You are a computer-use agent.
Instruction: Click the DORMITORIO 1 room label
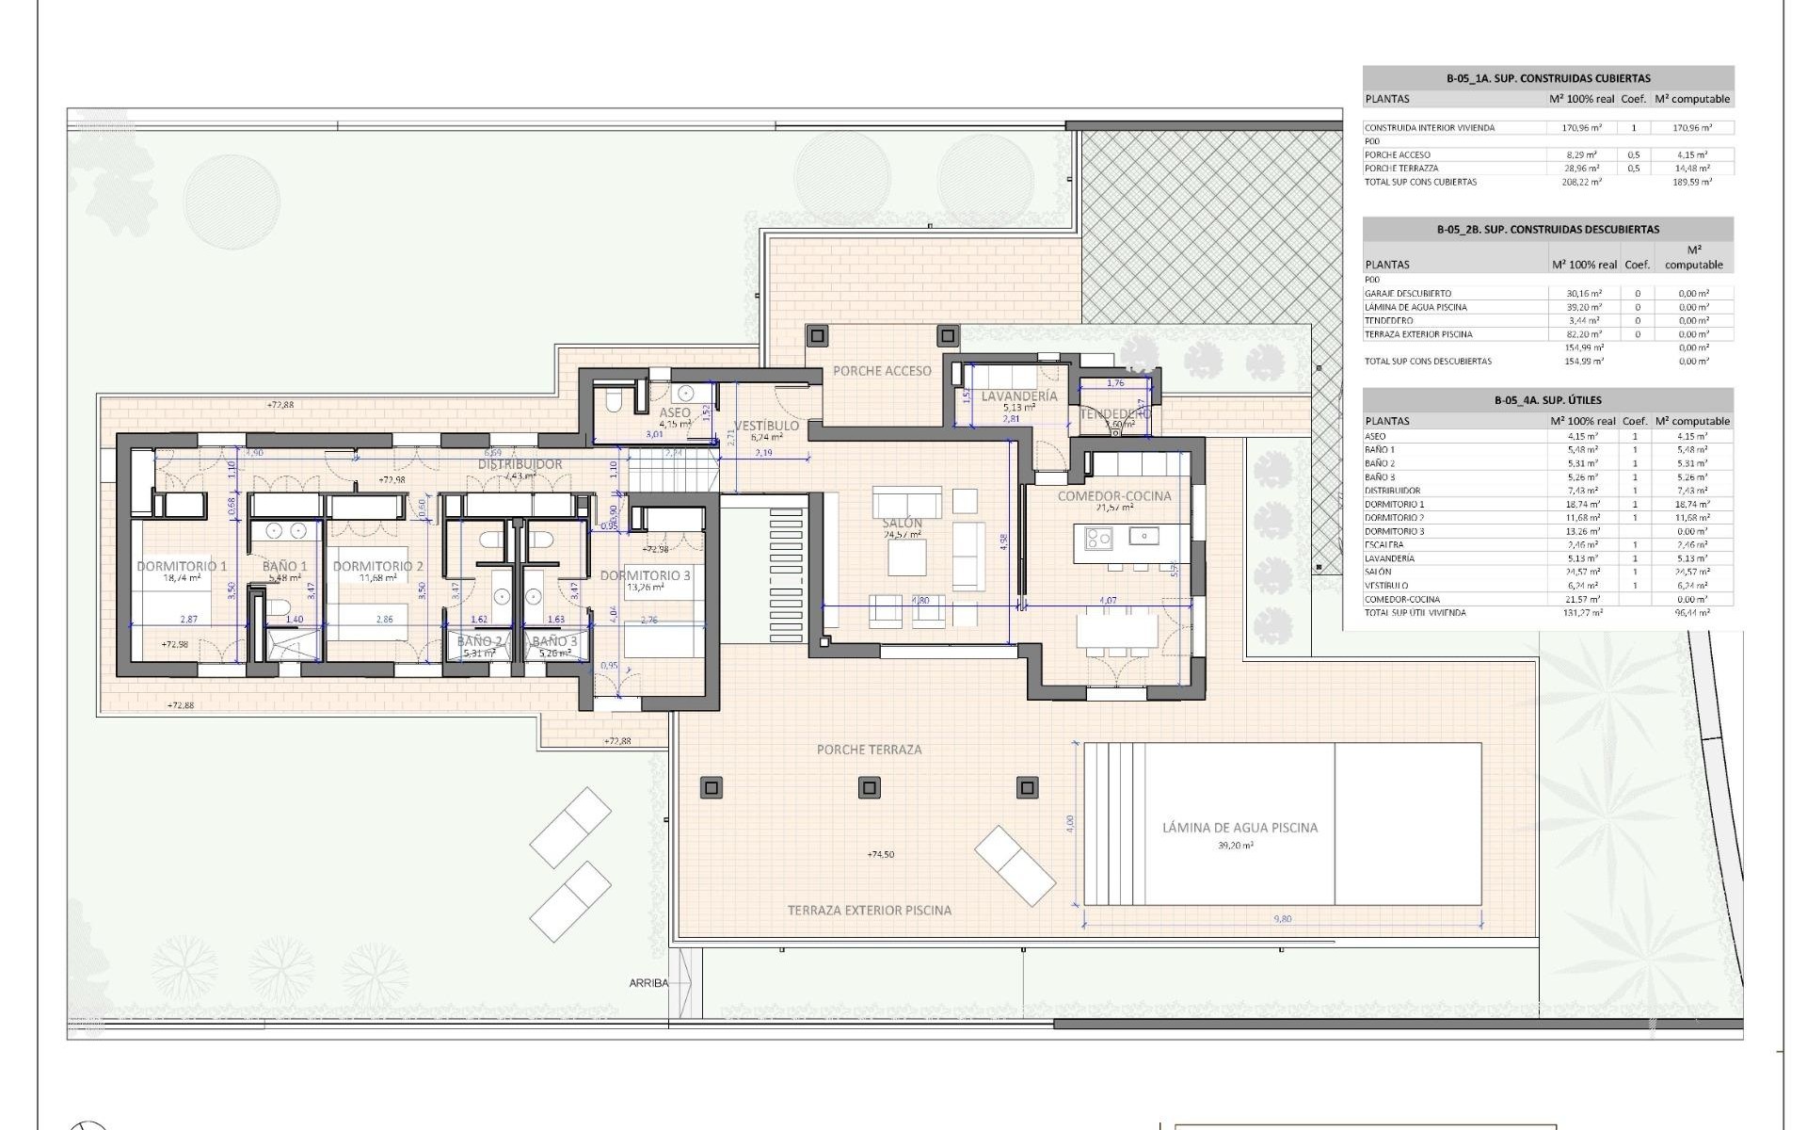[182, 566]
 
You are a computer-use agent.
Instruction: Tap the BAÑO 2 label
[479, 641]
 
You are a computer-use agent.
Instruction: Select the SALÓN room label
[902, 523]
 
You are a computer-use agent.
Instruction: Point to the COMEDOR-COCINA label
[1114, 495]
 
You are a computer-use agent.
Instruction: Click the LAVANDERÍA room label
[1019, 396]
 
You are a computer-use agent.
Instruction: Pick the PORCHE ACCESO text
[882, 371]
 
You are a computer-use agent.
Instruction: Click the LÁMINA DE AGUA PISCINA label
[1239, 828]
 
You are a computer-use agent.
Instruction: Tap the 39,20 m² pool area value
[1235, 846]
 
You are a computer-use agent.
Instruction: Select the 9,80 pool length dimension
[1282, 919]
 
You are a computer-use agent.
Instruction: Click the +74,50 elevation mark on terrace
[880, 855]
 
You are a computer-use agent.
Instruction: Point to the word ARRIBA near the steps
[648, 983]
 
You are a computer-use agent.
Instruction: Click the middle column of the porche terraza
[870, 787]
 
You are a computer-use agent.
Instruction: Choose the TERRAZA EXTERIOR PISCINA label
[869, 911]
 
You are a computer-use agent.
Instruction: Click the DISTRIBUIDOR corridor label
[520, 464]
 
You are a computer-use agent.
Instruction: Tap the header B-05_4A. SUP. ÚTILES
[1547, 400]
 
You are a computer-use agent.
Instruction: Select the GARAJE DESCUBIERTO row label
[1408, 294]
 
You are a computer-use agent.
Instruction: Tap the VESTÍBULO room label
[767, 426]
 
